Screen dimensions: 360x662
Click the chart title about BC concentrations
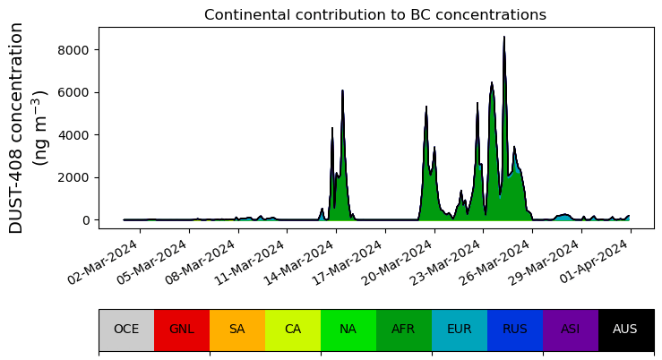coord(374,15)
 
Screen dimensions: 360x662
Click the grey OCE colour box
coord(126,329)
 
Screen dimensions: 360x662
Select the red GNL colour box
coord(182,329)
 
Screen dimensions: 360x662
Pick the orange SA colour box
coord(237,329)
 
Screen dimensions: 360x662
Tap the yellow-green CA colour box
coord(293,329)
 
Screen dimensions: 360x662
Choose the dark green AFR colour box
coord(404,329)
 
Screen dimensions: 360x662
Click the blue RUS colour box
coord(515,329)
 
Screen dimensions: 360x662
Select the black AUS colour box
coord(625,329)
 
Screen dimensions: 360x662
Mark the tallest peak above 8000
coord(504,38)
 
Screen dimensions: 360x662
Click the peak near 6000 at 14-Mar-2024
coord(342,91)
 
